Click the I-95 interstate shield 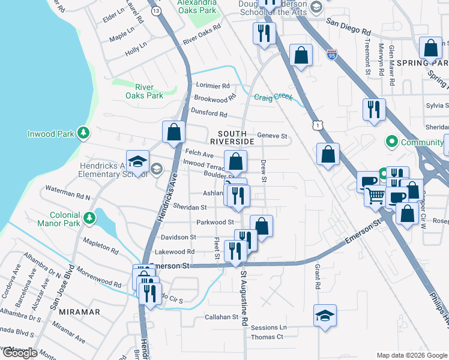click(332, 55)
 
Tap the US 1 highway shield click(318, 124)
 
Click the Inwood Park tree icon click(84, 133)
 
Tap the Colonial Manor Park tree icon click(89, 217)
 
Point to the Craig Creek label click(273, 97)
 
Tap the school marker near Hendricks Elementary click(137, 161)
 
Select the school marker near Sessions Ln click(325, 316)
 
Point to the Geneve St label click(273, 136)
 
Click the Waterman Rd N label click(68, 197)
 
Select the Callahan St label click(221, 317)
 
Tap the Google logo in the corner click(19, 353)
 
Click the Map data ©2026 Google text click(411, 355)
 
